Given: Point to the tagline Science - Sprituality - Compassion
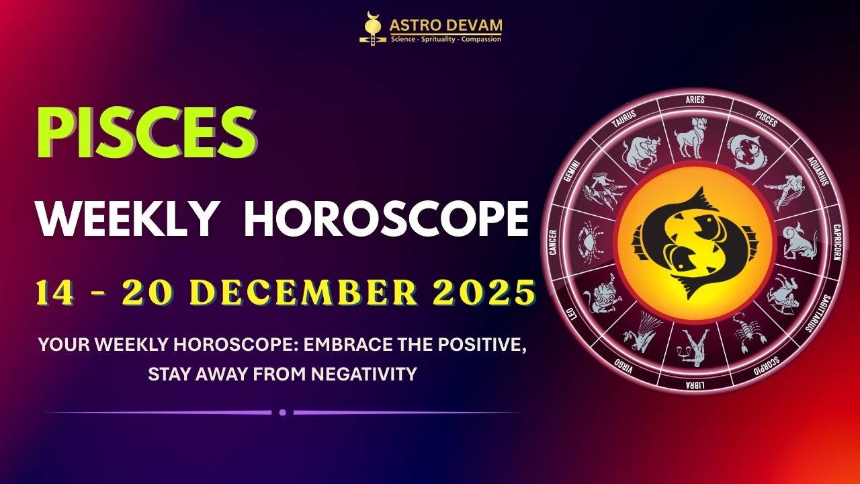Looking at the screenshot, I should pos(446,39).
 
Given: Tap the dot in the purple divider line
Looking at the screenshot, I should pos(283,412).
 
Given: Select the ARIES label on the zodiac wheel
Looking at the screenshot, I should pos(695,100).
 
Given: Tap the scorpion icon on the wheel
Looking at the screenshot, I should pos(745,333).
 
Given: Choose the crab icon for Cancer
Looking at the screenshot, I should pos(590,237).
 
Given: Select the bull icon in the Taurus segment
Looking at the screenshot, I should pos(638,153).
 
